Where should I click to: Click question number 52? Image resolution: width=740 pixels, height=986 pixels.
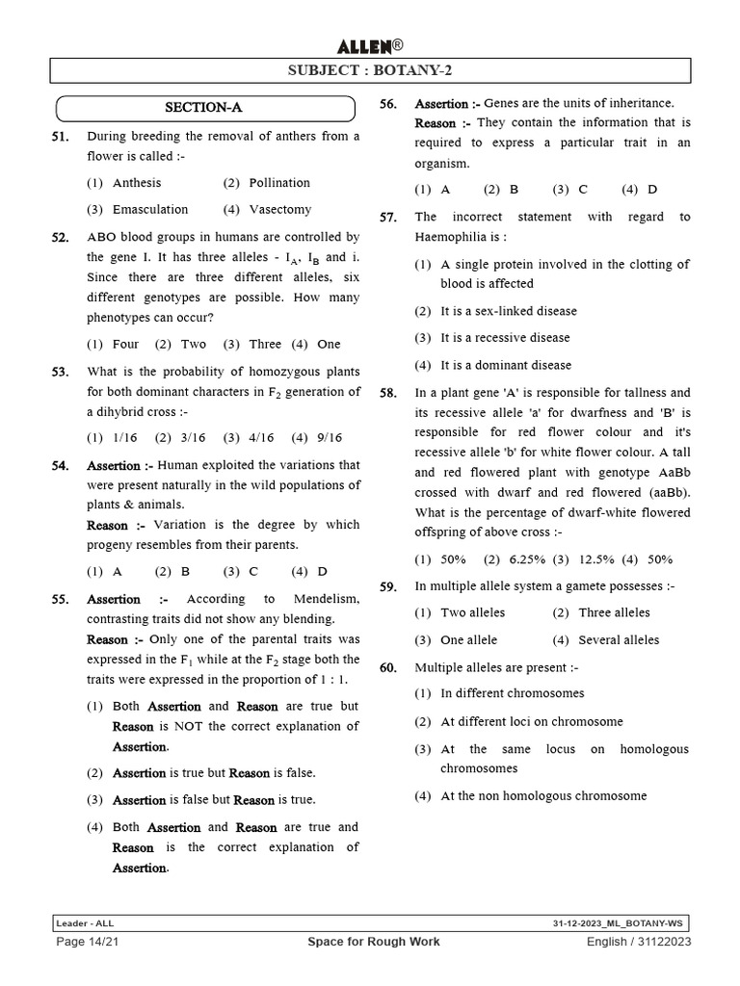(x=60, y=237)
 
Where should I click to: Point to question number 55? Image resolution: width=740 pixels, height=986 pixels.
(x=60, y=600)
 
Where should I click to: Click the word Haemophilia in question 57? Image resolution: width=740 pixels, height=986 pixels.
(x=458, y=236)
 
